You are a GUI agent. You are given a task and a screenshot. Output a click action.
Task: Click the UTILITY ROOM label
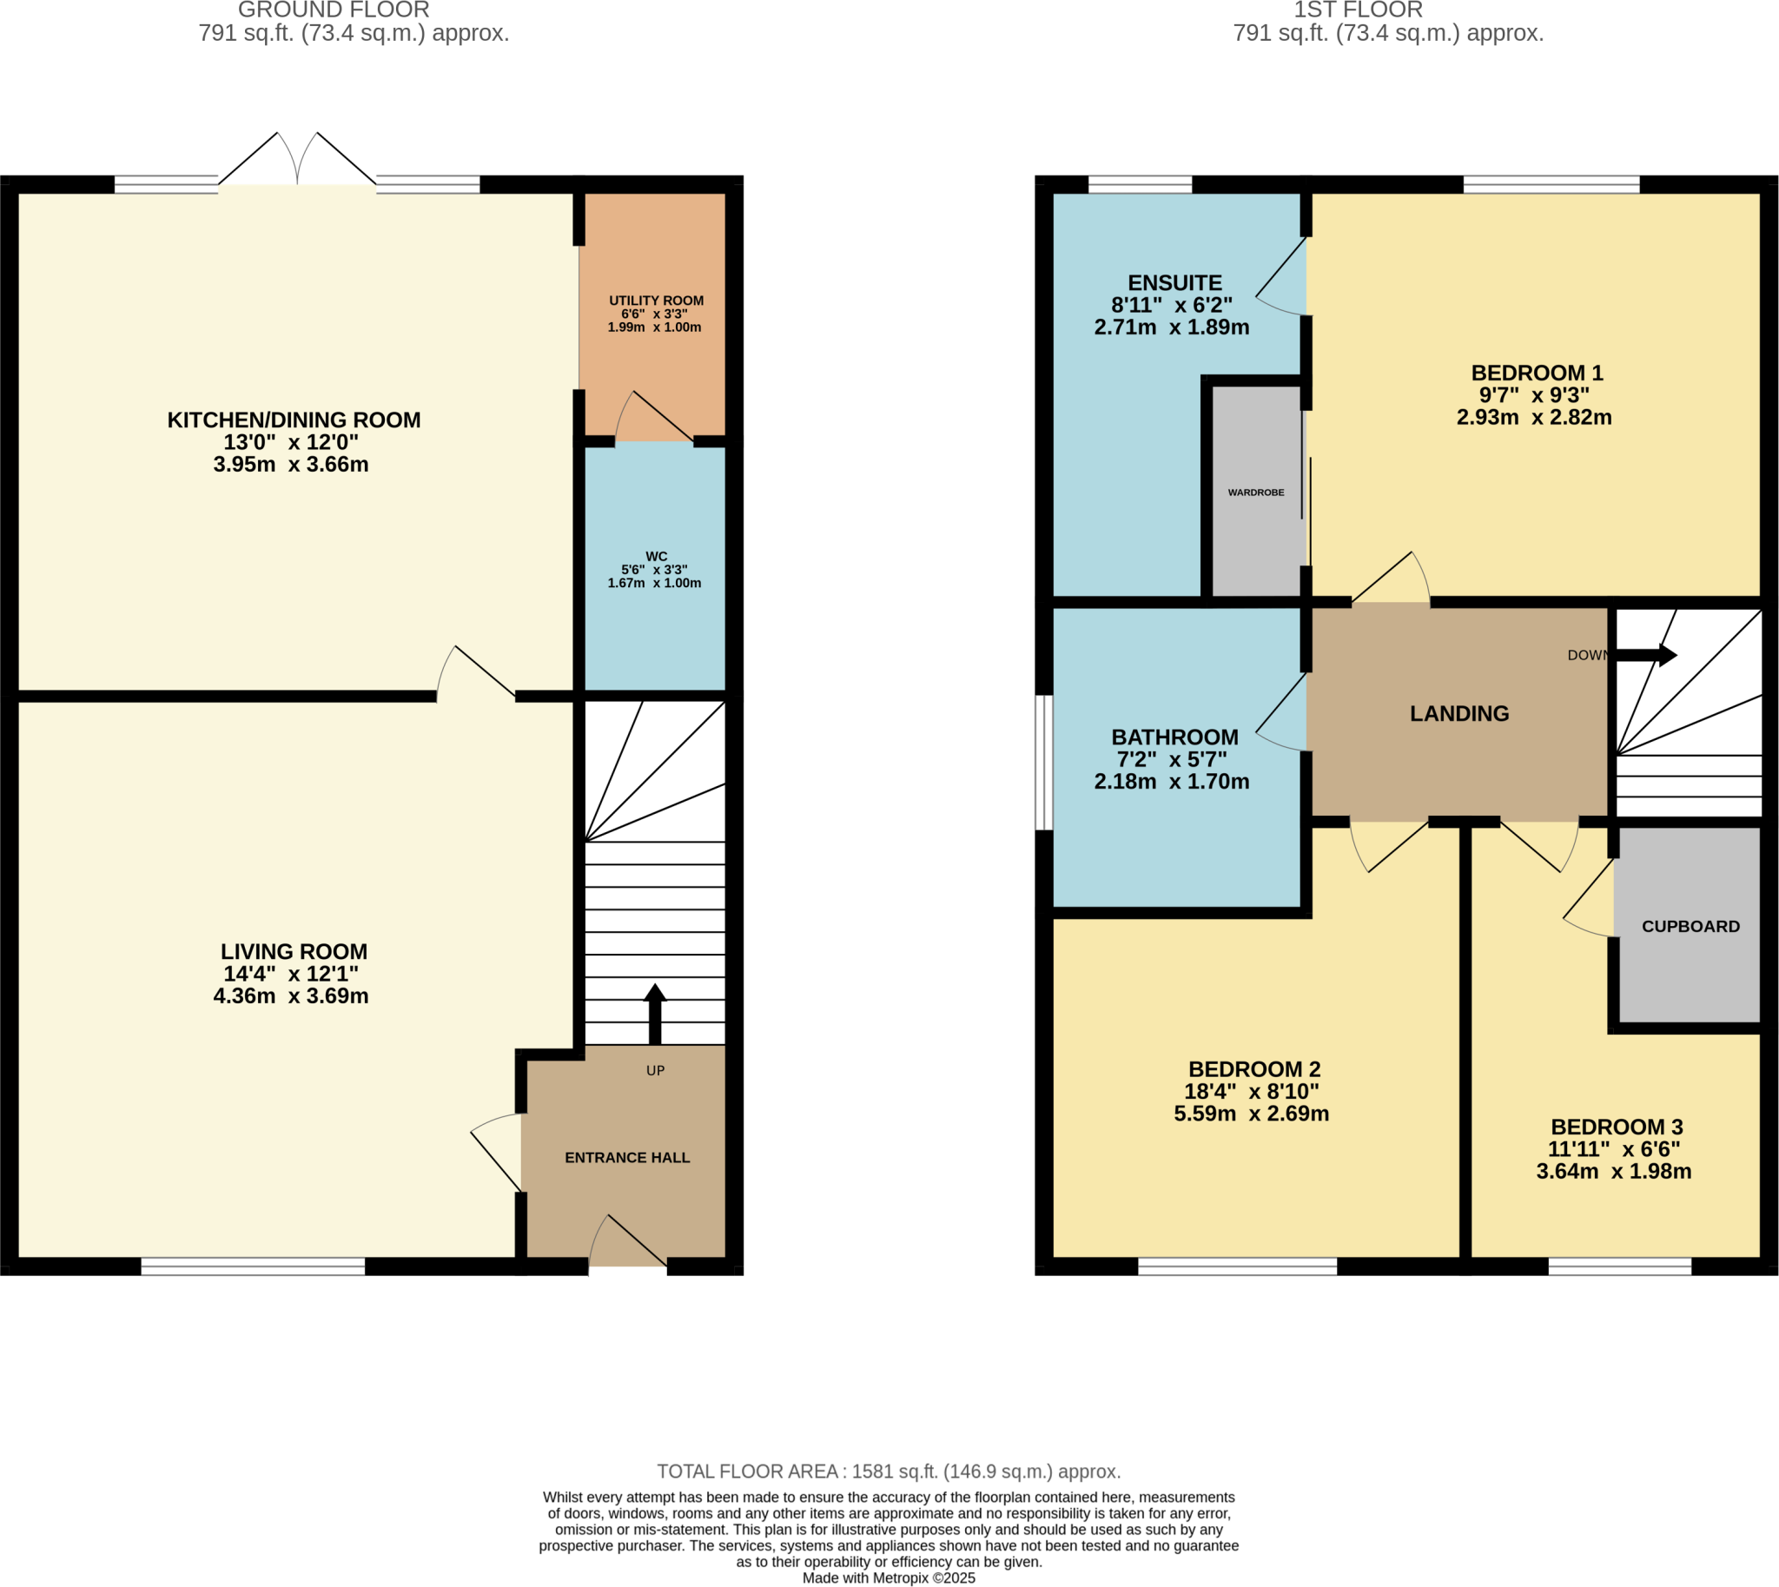tap(656, 301)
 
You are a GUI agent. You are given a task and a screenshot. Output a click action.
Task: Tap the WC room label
tap(656, 556)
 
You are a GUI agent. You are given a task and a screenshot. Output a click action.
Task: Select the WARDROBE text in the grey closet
tap(1256, 493)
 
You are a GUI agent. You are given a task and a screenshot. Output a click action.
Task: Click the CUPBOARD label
tap(1690, 927)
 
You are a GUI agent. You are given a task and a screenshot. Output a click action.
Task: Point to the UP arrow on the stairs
tap(655, 1013)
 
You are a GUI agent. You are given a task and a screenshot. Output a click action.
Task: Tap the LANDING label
tap(1459, 713)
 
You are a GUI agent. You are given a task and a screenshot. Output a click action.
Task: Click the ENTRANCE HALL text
tap(627, 1158)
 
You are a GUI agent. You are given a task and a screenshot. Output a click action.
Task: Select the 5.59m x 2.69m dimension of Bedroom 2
tap(1251, 1114)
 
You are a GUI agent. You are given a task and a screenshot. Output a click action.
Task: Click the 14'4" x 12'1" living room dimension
tap(291, 974)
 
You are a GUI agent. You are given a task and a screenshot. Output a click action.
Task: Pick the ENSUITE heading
tap(1174, 283)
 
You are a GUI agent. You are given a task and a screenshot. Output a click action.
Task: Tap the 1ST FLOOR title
tap(1358, 10)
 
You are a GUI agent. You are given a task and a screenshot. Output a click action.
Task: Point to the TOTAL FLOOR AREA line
tap(889, 1471)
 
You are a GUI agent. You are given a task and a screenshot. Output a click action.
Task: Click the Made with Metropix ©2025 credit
tap(889, 1578)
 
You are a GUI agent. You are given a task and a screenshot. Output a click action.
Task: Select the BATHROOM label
tap(1174, 737)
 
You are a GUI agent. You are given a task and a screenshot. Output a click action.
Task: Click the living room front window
tap(253, 1266)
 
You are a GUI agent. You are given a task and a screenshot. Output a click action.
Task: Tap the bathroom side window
tap(1044, 762)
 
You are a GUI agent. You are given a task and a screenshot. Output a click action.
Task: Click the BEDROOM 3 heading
tap(1616, 1127)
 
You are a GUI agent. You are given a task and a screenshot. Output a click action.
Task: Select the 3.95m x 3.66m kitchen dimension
tap(291, 465)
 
